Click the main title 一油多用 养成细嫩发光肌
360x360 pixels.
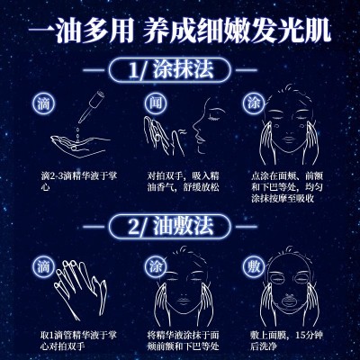(180, 31)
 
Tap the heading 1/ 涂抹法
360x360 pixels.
(171, 70)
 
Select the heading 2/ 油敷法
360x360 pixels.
(171, 227)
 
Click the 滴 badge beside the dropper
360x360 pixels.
(44, 103)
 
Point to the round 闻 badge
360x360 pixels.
(156, 103)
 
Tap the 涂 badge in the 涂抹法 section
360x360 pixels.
(254, 103)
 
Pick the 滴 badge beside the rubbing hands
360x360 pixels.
(44, 266)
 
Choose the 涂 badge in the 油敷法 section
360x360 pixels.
(156, 266)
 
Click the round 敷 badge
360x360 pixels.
(254, 266)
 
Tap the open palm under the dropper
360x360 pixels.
(80, 146)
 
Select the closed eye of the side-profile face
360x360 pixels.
(215, 118)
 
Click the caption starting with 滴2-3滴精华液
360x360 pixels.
(79, 181)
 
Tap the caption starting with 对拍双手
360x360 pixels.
(183, 181)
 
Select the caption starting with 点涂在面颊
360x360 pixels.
(287, 187)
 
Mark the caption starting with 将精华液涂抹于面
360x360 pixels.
(184, 340)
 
